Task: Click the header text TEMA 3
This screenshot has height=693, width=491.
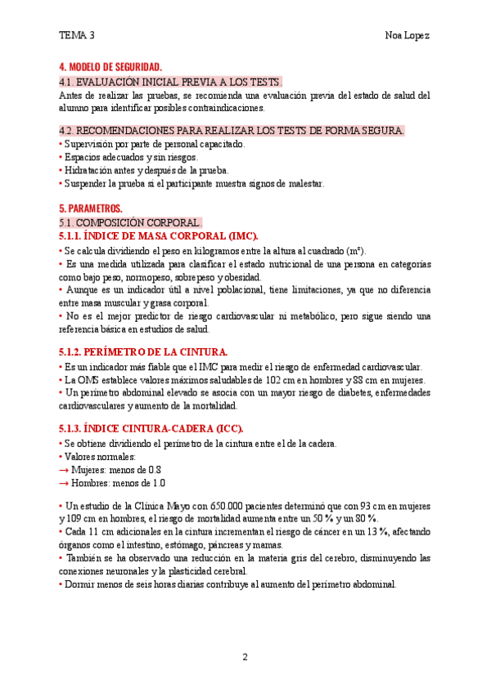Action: click(x=77, y=35)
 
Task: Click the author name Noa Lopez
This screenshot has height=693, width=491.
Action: click(x=408, y=35)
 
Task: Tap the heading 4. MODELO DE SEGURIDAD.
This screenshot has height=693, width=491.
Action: click(x=110, y=67)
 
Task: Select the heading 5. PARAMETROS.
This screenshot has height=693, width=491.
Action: click(x=90, y=208)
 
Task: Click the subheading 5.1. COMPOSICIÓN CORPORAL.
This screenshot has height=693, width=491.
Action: click(x=130, y=222)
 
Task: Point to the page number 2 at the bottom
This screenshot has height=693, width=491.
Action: click(x=245, y=657)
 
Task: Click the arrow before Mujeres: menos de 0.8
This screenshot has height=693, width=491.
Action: click(x=65, y=470)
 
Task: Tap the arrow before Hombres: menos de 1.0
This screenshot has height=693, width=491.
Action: click(x=65, y=483)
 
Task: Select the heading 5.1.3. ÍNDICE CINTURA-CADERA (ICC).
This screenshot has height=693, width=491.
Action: click(x=151, y=428)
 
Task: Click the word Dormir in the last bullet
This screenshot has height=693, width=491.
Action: click(x=79, y=584)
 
